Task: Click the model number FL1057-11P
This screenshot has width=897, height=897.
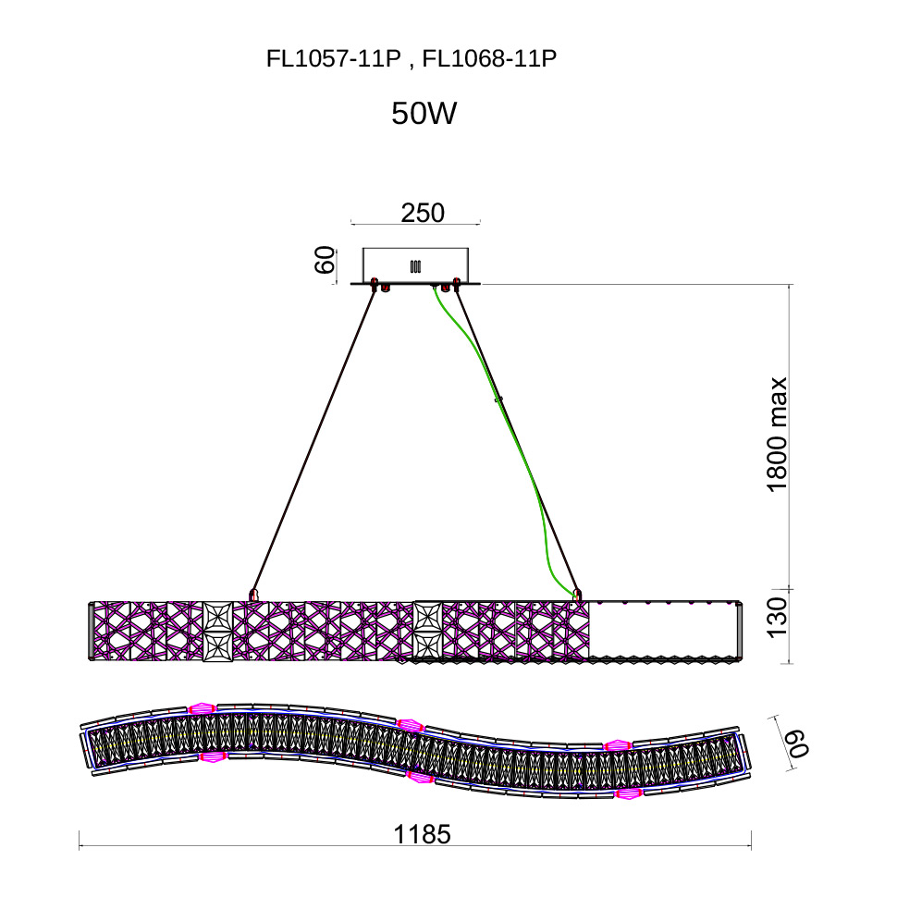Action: click(x=333, y=58)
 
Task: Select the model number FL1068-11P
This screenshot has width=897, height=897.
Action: click(x=489, y=58)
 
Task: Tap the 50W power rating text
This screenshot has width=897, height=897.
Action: click(x=424, y=113)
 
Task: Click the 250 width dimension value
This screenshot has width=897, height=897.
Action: click(x=423, y=213)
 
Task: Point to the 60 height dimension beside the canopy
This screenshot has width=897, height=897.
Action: click(x=325, y=260)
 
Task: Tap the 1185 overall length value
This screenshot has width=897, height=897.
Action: click(x=423, y=835)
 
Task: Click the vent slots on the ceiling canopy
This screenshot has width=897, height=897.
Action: click(x=416, y=266)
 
